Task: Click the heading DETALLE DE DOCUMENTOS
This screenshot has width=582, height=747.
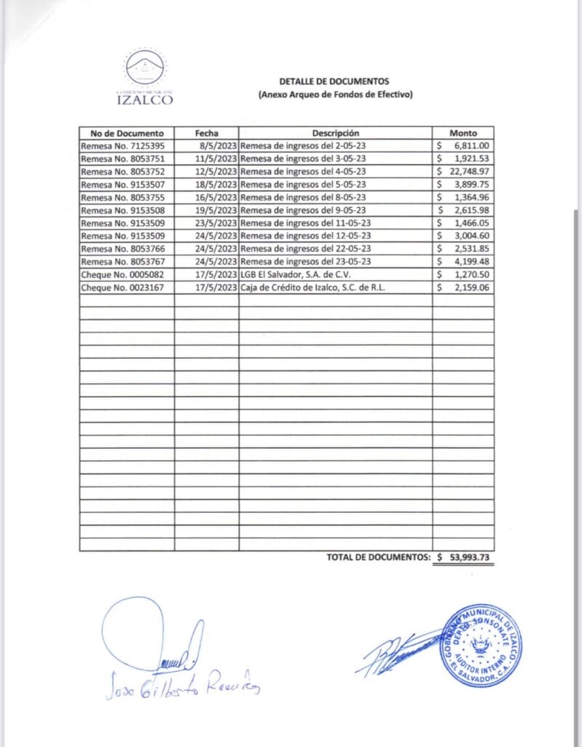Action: (335, 81)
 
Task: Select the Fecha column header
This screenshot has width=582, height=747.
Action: (207, 133)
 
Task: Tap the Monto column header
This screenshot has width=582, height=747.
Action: (463, 133)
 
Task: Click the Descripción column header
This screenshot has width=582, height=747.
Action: (336, 133)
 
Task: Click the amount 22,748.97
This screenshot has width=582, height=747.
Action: (468, 171)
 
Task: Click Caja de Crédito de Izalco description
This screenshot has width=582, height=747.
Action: (312, 288)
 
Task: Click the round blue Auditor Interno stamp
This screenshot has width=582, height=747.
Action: (480, 644)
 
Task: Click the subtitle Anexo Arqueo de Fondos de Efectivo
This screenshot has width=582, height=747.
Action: (335, 95)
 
